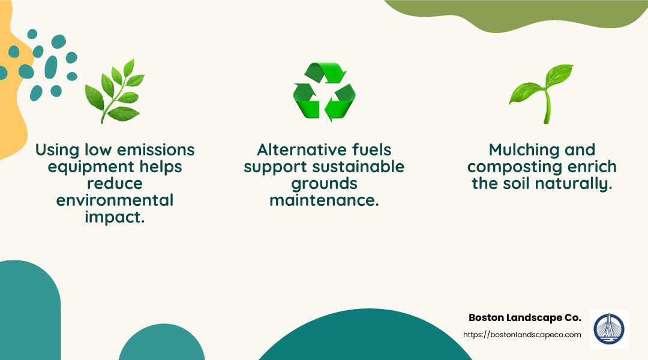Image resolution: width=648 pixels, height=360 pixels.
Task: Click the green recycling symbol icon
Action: coord(324,92)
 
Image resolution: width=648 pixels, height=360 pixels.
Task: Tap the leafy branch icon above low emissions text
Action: coord(115,91)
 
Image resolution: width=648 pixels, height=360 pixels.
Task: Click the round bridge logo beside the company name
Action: coord(609,329)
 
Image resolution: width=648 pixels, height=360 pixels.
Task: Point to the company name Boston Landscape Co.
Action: coord(524,317)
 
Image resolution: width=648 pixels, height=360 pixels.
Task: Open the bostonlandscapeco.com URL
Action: coord(522,335)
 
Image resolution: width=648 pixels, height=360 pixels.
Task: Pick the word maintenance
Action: coord(324,200)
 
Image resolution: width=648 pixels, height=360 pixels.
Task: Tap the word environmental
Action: coord(115,200)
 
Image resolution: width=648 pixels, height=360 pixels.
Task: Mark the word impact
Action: coord(115,217)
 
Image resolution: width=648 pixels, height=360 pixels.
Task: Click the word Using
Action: coord(58,149)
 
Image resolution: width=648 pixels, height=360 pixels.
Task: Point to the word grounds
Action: coord(324,183)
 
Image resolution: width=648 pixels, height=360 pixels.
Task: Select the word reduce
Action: coord(115,183)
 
